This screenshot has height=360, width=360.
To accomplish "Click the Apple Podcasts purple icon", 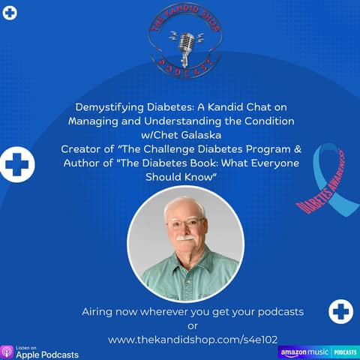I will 7,351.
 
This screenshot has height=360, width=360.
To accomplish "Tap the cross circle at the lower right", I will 340,310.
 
